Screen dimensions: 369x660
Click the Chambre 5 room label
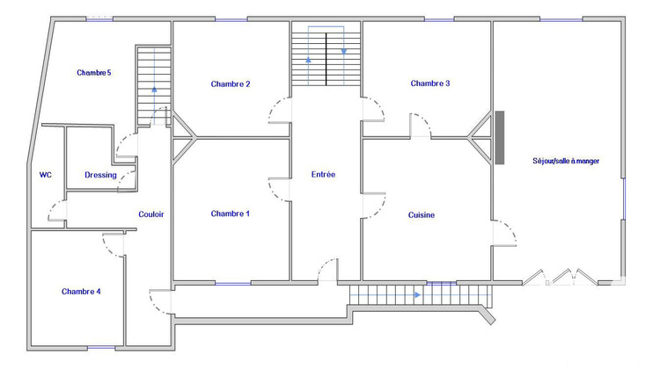click(93, 73)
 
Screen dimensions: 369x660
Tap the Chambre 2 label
click(231, 84)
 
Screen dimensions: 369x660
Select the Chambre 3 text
click(430, 83)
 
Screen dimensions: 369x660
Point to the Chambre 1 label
click(231, 213)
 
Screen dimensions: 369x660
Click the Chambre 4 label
click(81, 291)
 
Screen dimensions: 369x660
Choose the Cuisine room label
click(422, 214)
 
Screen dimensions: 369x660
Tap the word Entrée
click(323, 175)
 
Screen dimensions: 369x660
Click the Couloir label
click(151, 214)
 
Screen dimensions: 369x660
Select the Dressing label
click(100, 175)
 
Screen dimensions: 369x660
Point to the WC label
click(46, 175)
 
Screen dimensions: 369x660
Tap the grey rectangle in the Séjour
click(500, 137)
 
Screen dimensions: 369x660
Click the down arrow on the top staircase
click(343, 50)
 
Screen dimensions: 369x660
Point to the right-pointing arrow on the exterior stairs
click(417, 295)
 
